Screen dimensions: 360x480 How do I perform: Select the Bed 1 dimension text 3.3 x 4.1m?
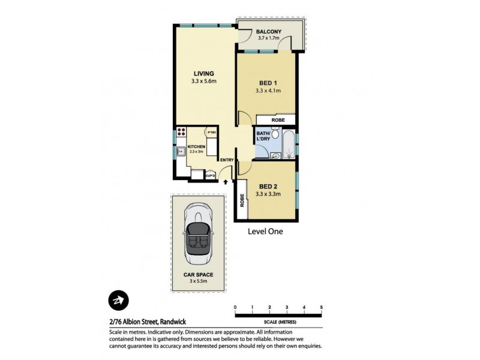point(268,91)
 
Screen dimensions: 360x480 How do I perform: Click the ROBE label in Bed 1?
point(278,120)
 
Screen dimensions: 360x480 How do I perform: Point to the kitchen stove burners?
point(181,133)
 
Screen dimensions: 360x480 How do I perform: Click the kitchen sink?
point(180,152)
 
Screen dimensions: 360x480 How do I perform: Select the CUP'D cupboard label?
point(211,175)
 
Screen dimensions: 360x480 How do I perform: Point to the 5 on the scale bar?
point(322,307)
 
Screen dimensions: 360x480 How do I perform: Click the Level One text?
point(265,231)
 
